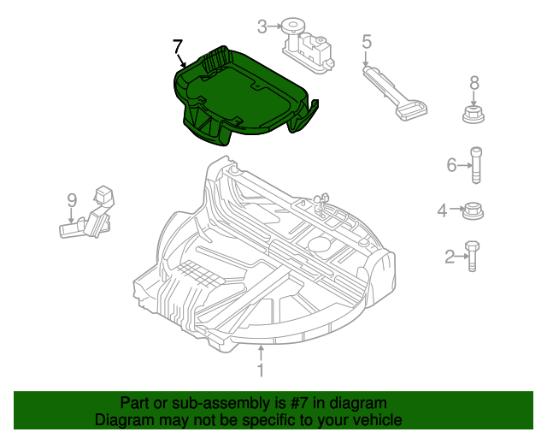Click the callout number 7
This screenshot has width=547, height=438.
(x=177, y=45)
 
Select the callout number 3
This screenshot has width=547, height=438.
(x=262, y=26)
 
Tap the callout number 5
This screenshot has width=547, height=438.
(x=366, y=40)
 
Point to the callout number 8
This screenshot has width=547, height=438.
(x=474, y=83)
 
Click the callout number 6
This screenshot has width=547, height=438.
(x=452, y=165)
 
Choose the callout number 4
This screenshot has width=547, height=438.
(x=442, y=210)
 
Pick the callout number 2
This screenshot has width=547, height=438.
(x=450, y=256)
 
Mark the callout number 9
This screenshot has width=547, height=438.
(x=73, y=200)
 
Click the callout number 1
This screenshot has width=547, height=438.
(x=262, y=371)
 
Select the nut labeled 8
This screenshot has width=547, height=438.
(x=474, y=114)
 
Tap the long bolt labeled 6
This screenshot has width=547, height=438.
(x=476, y=165)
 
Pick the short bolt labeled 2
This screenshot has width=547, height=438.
(x=469, y=256)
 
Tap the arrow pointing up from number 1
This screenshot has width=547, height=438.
(x=262, y=352)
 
